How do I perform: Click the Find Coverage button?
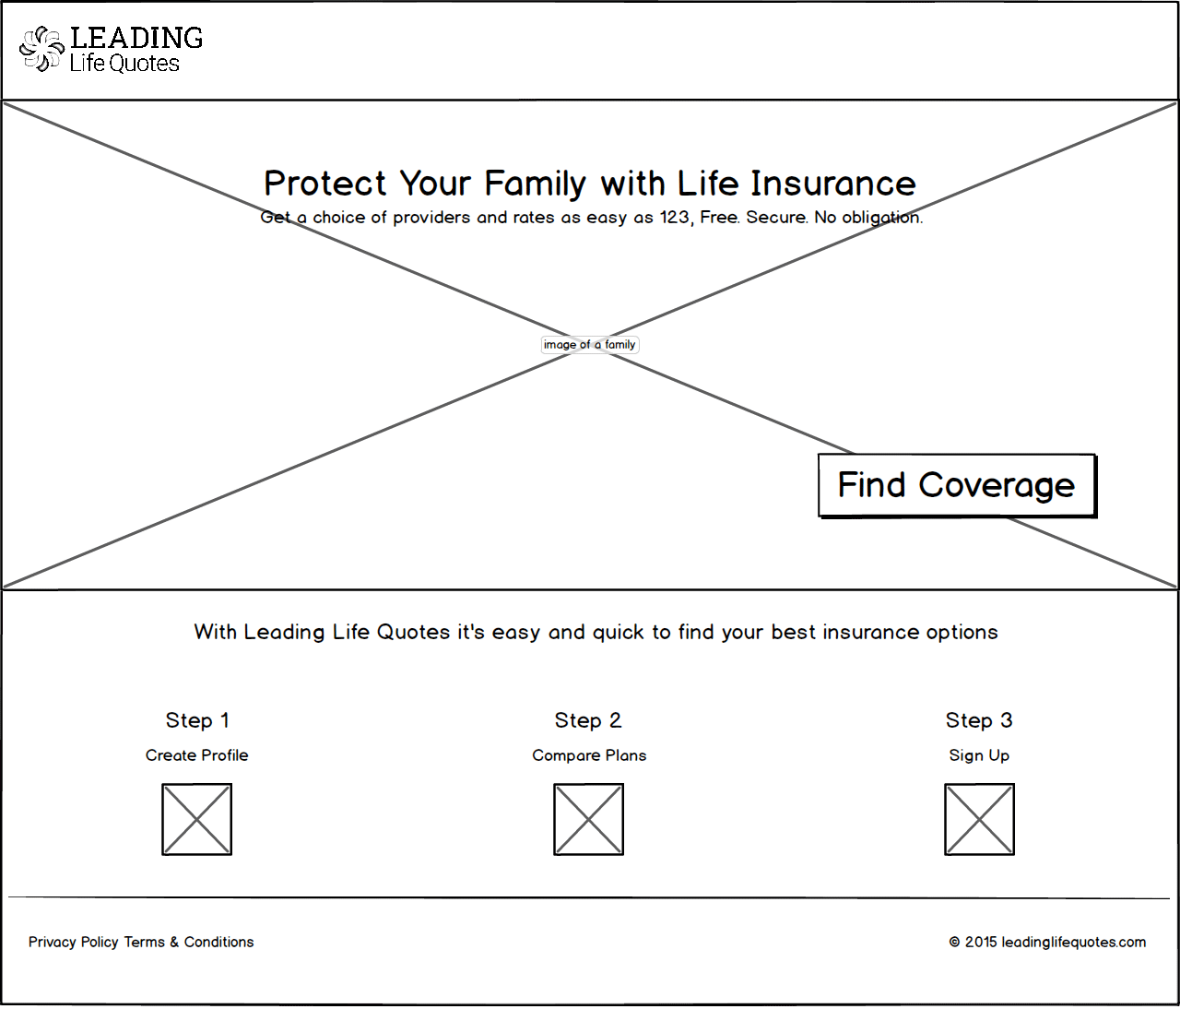[x=957, y=485]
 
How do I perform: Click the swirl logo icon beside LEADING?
[x=41, y=49]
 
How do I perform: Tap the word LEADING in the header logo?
[x=136, y=38]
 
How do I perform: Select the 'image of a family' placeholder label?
[x=590, y=344]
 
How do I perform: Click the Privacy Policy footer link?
[x=73, y=942]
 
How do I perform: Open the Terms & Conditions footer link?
[x=189, y=942]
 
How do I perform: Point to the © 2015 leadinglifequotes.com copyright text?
[x=1047, y=943]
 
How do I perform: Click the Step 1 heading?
[x=197, y=720]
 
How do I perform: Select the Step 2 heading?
[x=588, y=720]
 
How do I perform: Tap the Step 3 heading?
[x=979, y=720]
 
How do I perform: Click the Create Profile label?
[x=197, y=754]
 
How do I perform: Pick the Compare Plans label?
[x=589, y=755]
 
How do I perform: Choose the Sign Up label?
[x=979, y=755]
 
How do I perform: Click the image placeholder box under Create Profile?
[x=197, y=819]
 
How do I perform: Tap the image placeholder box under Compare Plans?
[x=588, y=819]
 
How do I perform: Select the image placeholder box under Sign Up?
[x=980, y=819]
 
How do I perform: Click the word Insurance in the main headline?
[x=832, y=184]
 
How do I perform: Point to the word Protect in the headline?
[x=324, y=184]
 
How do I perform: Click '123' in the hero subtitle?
[x=675, y=217]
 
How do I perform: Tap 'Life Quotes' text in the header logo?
[x=124, y=64]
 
